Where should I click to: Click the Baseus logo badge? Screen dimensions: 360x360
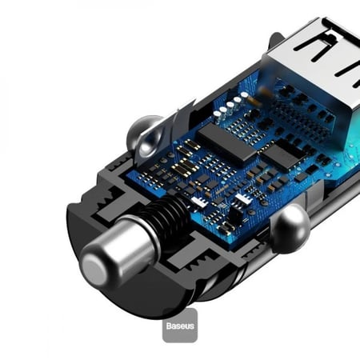pyautogui.click(x=179, y=326)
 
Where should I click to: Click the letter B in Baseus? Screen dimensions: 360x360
pyautogui.click(x=169, y=327)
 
